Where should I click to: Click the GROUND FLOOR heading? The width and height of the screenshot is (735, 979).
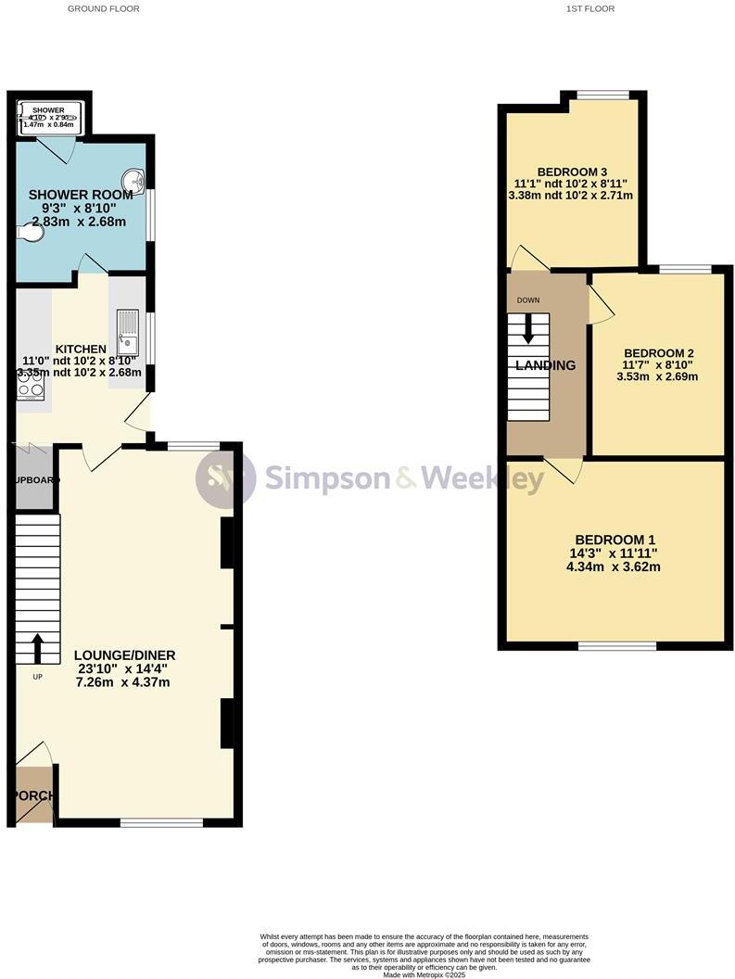pos(104,8)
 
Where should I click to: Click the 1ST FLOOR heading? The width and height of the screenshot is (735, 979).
pos(590,8)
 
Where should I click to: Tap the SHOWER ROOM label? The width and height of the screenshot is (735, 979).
pos(80,195)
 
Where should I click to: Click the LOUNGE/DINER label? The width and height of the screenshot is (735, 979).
pos(124,655)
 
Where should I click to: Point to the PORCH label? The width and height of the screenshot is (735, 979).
pos(33,795)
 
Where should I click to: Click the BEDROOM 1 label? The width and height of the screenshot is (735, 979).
pos(615,540)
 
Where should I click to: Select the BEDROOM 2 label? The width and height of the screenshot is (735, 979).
pos(658,353)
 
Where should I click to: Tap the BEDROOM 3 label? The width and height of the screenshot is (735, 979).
pos(572,172)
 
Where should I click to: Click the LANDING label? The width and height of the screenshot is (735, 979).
pos(545,365)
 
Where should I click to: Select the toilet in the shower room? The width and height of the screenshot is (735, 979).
pos(31,235)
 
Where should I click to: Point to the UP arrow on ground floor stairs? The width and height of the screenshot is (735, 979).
pos(38,649)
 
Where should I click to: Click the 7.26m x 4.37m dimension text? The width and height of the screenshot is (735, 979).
pos(124,682)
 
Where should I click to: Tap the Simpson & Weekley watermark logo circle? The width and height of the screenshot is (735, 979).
pos(225,478)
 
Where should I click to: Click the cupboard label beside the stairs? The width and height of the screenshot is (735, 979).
pos(35,480)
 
